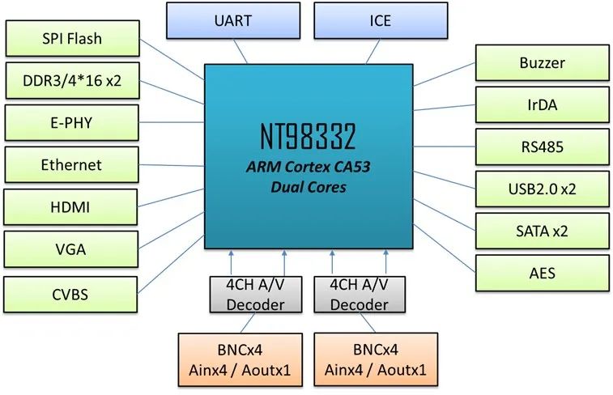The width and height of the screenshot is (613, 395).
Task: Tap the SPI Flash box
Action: point(71,39)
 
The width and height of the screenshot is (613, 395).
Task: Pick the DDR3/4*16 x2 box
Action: point(71,81)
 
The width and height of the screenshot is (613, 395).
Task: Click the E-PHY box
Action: point(71,122)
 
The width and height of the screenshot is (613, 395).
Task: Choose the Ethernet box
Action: point(71,165)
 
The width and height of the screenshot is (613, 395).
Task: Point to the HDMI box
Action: point(71,208)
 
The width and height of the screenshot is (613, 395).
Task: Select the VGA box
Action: point(71,250)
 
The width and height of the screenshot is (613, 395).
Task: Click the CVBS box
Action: point(71,293)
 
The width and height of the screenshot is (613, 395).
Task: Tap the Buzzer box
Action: point(541,62)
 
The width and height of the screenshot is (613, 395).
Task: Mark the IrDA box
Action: point(541,104)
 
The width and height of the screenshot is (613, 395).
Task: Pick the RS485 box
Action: point(541,147)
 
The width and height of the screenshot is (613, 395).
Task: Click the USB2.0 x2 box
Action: point(541,189)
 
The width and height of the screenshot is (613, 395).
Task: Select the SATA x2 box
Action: point(541,231)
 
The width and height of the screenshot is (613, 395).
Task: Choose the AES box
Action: point(541,273)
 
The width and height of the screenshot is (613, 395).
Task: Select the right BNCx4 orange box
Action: point(376,359)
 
